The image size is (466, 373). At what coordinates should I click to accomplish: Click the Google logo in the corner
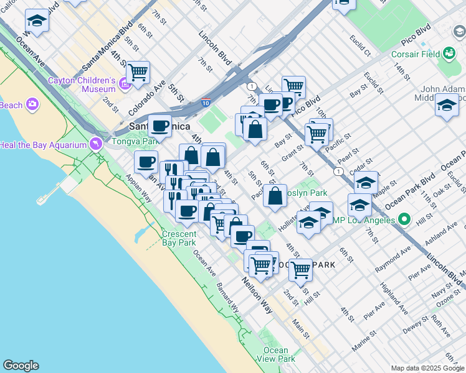point(21,366)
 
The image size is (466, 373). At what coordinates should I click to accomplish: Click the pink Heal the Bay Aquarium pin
point(95,144)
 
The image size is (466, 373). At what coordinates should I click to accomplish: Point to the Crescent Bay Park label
point(179,238)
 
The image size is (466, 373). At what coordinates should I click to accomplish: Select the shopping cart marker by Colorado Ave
point(138,73)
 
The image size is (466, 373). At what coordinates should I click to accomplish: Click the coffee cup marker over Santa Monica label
point(159,126)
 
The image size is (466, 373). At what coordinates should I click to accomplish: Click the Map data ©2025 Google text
point(427,368)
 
